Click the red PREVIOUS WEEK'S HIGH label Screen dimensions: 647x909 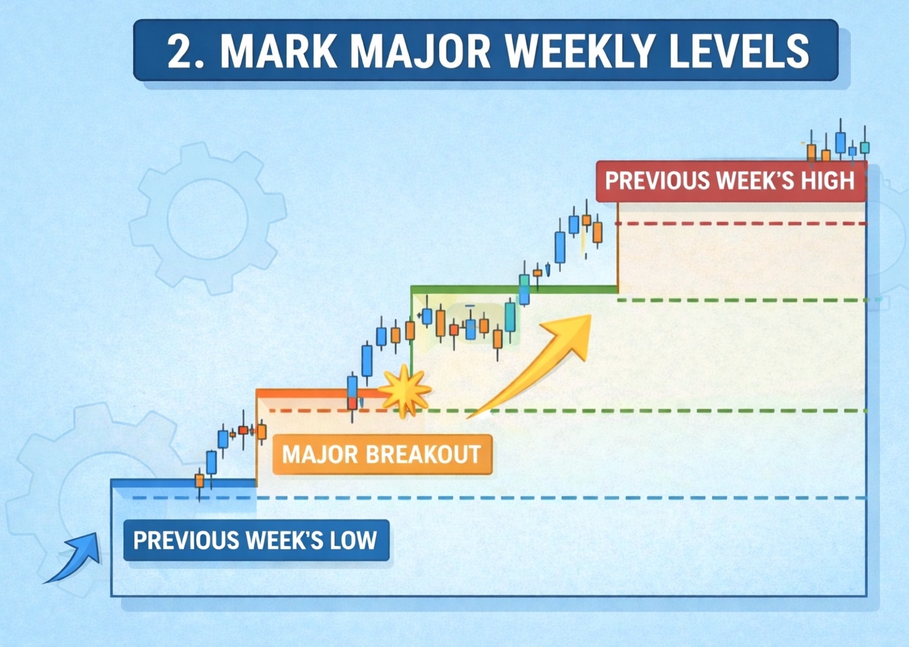point(730,181)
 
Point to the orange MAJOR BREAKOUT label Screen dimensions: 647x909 point(381,454)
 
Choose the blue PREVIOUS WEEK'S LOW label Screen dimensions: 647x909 point(256,540)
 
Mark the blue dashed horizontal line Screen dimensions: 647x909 point(505,498)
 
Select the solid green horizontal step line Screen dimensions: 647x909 point(514,289)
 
